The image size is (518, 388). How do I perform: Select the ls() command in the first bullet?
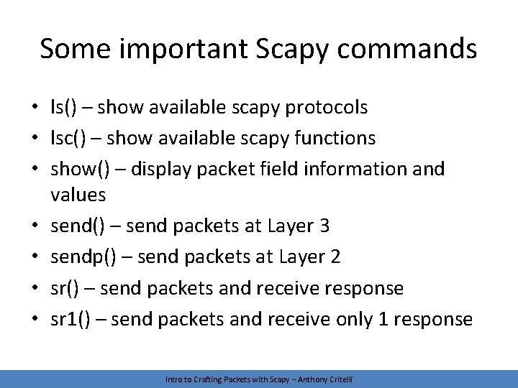coord(65,108)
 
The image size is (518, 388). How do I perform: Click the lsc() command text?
coord(71,138)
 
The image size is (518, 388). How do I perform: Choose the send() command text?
coord(76,226)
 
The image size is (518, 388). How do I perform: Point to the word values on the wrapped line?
coord(78,195)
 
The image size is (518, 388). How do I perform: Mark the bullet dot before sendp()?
coord(35,257)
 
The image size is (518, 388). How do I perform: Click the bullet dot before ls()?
coord(35,108)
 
